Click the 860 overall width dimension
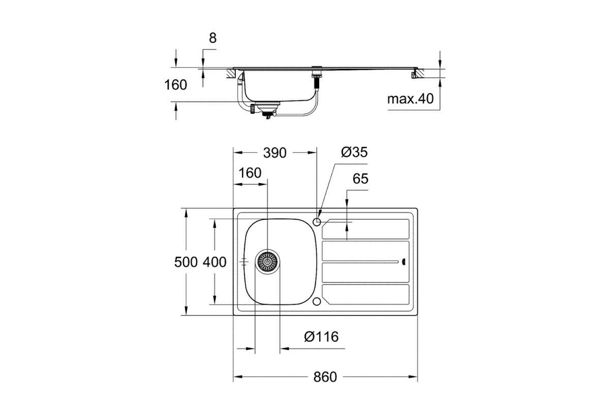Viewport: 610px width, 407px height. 325,377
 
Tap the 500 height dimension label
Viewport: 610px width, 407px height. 186,262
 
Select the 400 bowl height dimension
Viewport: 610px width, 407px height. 215,262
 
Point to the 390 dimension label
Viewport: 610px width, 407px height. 274,153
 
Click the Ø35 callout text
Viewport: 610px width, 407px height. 354,152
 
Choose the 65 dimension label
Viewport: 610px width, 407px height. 360,179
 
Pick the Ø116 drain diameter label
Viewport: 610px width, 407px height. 321,337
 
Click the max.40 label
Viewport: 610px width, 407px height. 410,99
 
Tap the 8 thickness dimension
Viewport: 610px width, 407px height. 212,38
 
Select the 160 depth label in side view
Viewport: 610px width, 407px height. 176,85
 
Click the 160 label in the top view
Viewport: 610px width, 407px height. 250,173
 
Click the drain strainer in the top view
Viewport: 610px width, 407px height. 267,262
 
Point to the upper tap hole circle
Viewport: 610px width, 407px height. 317,222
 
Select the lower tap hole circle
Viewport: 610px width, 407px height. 317,302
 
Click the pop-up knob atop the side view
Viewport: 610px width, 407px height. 317,67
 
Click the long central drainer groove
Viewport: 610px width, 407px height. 360,262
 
